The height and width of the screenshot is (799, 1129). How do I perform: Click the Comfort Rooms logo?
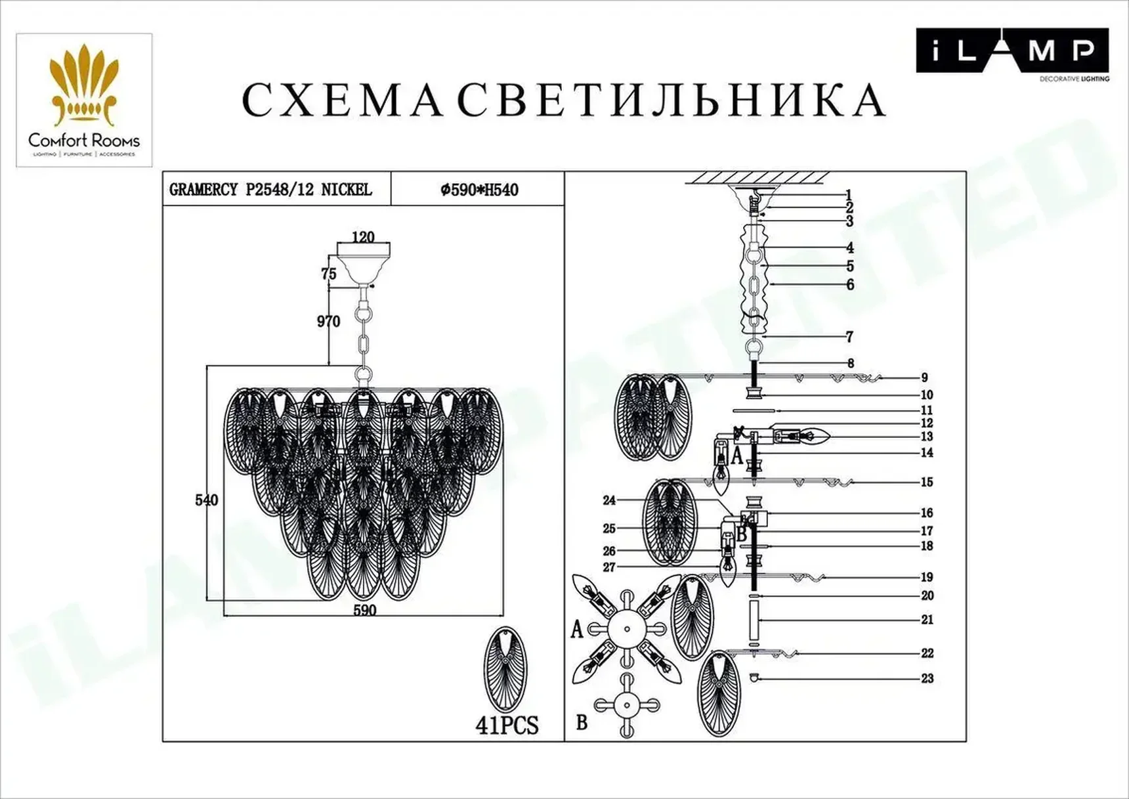tap(84, 100)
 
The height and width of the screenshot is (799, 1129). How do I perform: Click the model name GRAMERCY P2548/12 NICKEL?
tap(270, 190)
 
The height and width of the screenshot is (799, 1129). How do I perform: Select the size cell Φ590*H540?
tap(479, 190)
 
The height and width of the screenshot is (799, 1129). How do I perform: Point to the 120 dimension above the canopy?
tap(363, 237)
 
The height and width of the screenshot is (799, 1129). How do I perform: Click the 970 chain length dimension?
tap(328, 321)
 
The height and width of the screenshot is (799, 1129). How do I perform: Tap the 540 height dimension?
tap(206, 500)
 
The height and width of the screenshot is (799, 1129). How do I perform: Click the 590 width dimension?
tap(364, 610)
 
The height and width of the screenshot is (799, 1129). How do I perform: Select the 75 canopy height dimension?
tap(329, 274)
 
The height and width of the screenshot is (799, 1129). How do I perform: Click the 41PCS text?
tap(507, 725)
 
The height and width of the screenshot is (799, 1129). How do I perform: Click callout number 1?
tap(849, 194)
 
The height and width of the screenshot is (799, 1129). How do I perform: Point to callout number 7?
tap(849, 337)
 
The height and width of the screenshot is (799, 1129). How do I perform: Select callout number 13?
tap(926, 437)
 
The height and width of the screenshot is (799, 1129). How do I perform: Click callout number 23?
tap(927, 678)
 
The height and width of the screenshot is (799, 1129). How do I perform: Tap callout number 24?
tap(609, 500)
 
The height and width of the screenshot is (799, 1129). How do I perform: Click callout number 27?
tap(609, 567)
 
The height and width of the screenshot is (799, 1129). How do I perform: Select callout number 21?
tap(927, 619)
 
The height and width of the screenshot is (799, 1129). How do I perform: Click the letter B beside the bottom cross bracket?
tap(582, 722)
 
